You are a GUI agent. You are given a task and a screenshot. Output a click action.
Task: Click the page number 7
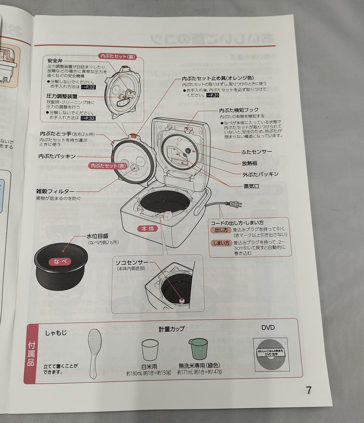[309, 390]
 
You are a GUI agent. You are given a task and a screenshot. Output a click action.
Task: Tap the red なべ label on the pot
[62, 261]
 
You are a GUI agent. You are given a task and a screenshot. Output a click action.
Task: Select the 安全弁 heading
[55, 61]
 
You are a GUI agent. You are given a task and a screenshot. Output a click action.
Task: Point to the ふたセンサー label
[257, 152]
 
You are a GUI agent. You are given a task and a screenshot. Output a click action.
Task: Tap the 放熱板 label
[249, 163]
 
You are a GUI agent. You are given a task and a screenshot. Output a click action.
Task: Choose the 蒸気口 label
[250, 186]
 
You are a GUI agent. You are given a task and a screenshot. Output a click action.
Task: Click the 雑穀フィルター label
[55, 191]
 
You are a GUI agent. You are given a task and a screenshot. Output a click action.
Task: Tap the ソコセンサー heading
[132, 263]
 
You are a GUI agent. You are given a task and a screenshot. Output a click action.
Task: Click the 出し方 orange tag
[221, 230]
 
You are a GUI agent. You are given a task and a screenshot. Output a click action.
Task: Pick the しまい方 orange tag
[221, 243]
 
